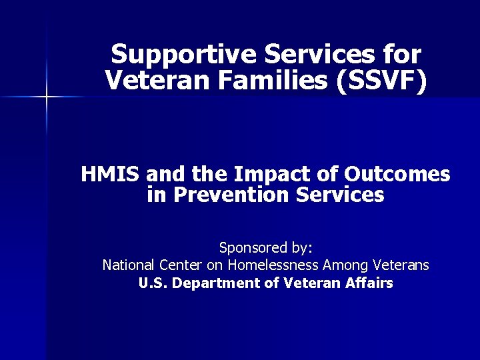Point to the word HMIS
pos(111,175)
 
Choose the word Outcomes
pos(397,175)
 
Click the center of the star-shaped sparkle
pos(46,98)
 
